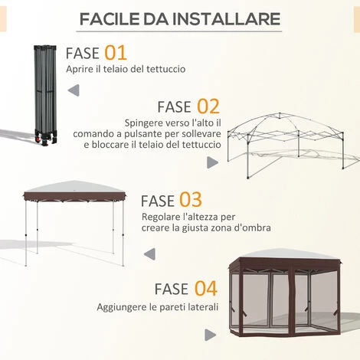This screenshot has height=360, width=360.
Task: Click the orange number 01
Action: click(115, 53)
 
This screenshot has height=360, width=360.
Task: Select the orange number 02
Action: click(208, 106)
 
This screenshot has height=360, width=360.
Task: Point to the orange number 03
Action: click(191, 200)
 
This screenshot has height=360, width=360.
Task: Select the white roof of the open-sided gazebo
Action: click(74, 187)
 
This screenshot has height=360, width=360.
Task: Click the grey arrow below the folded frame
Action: click(74, 91)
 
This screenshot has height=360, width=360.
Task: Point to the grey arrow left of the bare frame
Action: click(212, 162)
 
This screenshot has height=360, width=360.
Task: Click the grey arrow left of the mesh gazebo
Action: click(210, 334)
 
